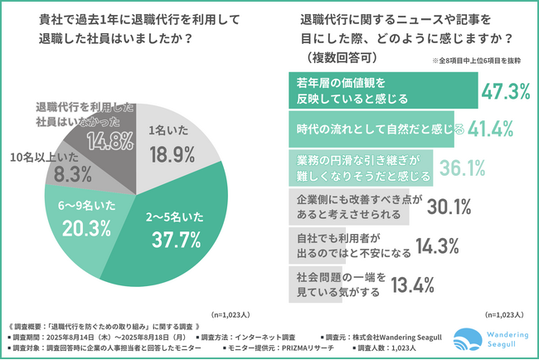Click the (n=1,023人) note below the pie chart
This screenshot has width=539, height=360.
click(237, 314)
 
